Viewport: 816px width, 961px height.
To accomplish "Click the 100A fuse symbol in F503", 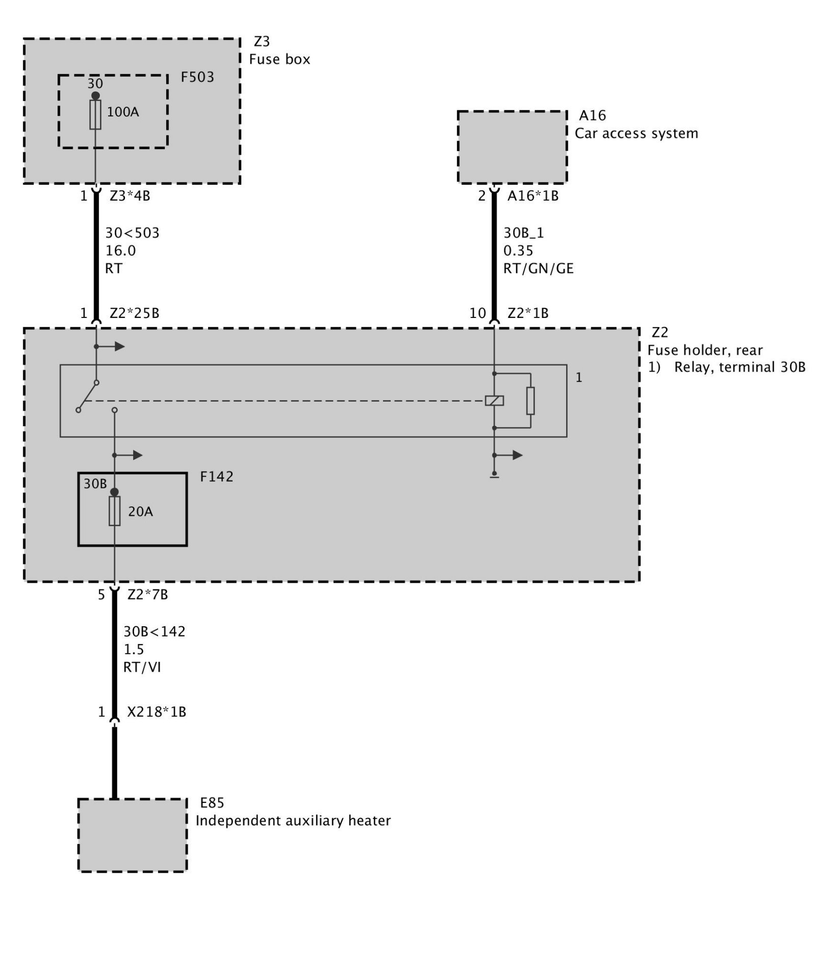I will pos(95,114).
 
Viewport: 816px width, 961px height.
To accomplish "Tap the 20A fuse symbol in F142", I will pos(115,510).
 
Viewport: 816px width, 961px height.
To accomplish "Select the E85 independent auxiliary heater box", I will pos(132,835).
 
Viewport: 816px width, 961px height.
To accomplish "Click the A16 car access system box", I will pos(512,147).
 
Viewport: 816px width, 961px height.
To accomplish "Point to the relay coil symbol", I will pos(494,401).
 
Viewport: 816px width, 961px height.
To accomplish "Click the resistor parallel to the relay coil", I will pos(530,401).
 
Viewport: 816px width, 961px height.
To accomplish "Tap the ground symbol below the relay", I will pos(494,476).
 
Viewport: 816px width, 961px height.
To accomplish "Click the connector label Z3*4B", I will pos(130,195).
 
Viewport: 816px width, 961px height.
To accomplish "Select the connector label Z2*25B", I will pos(135,313).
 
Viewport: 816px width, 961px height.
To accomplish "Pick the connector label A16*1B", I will pos(533,195).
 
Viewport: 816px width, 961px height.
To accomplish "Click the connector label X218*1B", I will pos(157,712).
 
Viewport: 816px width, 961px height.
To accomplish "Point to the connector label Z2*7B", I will pos(147,595).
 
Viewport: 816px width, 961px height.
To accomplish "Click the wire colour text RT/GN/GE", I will pos(538,268).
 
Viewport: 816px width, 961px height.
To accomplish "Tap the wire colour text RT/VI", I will pos(142,667).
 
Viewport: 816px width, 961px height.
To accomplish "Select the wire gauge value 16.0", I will pos(120,251).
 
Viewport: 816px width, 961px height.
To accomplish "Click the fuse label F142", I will pos(216,477).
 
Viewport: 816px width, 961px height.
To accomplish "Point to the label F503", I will pos(197,77).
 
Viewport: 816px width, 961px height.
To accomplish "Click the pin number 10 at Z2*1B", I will pos(477,313).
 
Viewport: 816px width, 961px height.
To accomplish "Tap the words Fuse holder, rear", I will pos(705,350).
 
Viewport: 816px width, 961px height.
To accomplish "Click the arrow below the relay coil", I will pos(517,455).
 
